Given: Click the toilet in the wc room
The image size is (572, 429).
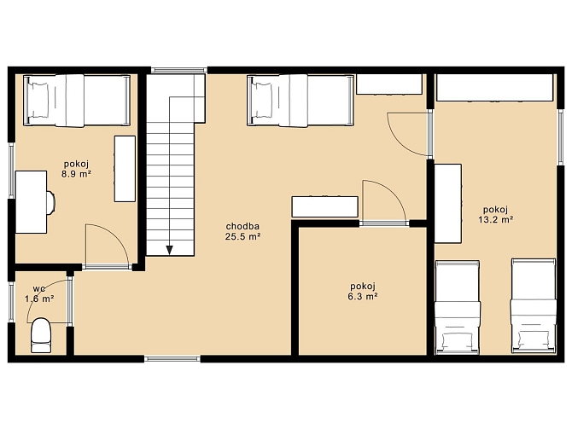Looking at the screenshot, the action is tap(40, 335).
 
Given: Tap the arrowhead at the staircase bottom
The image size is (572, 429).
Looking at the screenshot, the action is tap(170, 250).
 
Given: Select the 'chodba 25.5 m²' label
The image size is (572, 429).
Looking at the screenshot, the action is tap(242, 231).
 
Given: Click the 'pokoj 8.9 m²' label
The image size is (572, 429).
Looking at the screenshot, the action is tap(76, 169).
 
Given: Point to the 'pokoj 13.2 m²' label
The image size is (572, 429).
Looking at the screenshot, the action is tap(496, 214).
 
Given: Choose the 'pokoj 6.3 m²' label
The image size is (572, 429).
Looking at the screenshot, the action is tap(363, 291).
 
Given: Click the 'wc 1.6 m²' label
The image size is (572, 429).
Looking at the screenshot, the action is tap(39, 293).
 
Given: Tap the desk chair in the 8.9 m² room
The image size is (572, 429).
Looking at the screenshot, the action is tap(51, 202).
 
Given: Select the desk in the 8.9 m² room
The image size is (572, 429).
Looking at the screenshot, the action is tap(31, 202).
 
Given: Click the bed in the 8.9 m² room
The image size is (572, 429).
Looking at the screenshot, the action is tap(77, 101).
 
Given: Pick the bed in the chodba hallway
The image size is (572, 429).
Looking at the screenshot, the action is tap(301, 101).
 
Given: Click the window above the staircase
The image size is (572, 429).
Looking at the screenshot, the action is tap(178, 70).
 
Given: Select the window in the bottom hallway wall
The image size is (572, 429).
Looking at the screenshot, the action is tap(172, 359).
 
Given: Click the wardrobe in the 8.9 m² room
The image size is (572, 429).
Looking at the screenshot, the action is tap(125, 169).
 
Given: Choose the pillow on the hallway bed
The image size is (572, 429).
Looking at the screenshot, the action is tap(260, 101).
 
